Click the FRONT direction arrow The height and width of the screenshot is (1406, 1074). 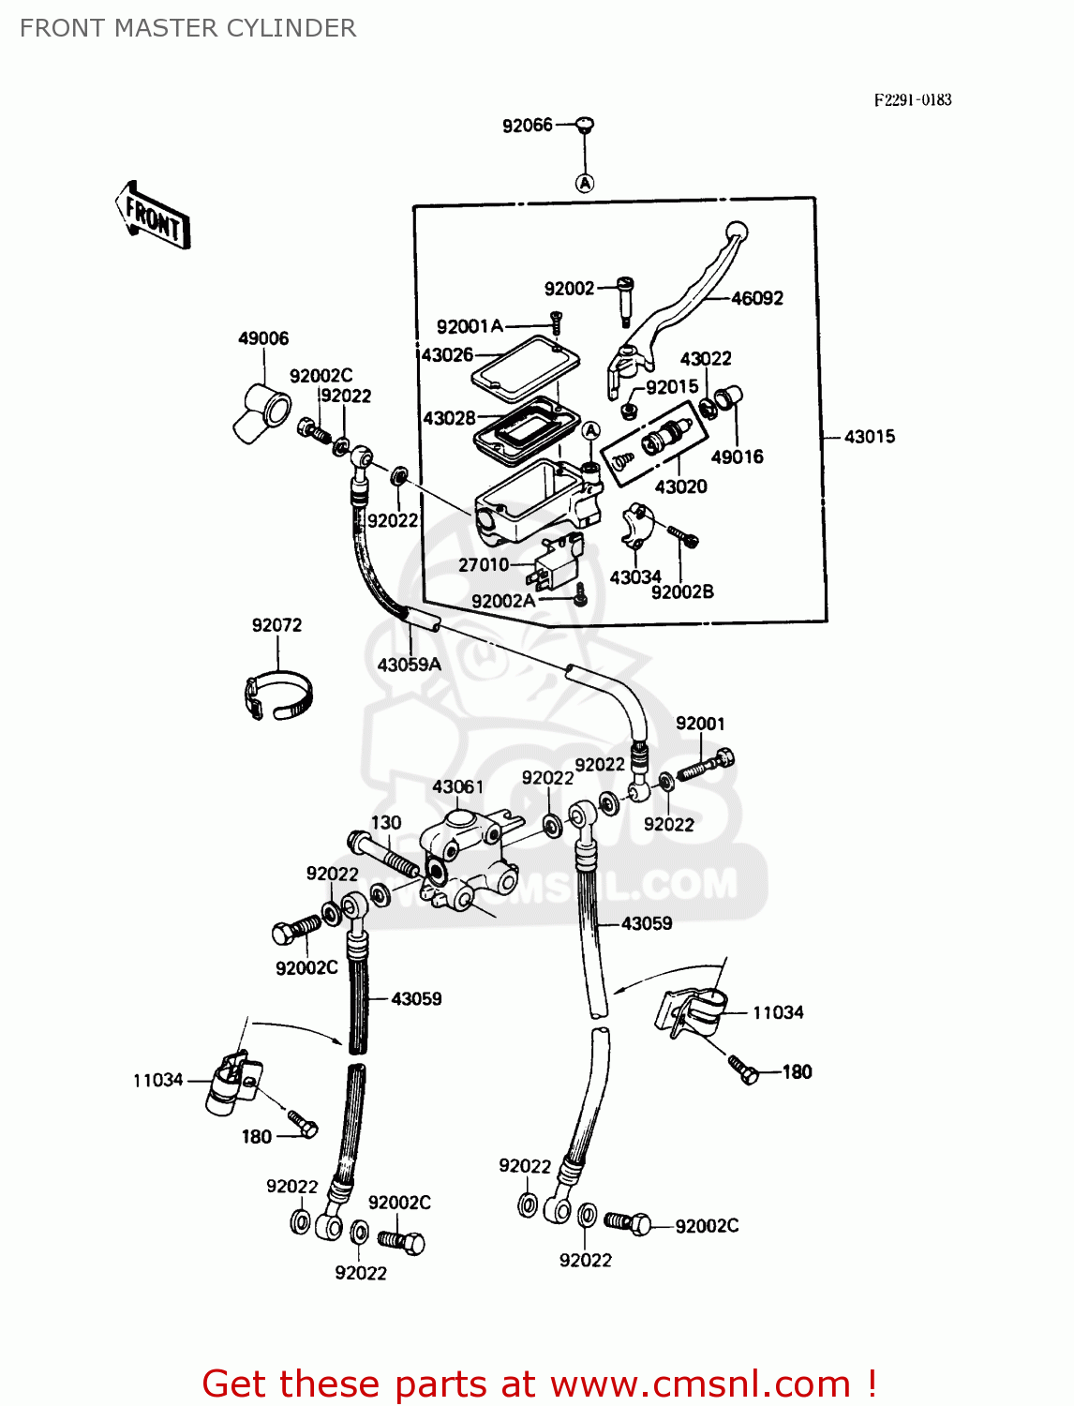(x=153, y=216)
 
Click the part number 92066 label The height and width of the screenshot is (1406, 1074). (x=527, y=126)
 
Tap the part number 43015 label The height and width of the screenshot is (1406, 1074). (x=869, y=437)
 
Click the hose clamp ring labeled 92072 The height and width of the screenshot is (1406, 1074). (x=277, y=696)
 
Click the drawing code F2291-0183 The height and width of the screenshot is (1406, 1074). (x=912, y=100)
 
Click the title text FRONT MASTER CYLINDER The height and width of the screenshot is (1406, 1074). (x=187, y=28)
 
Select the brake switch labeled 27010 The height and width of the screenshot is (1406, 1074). (x=559, y=560)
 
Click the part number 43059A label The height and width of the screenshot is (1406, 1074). (x=409, y=665)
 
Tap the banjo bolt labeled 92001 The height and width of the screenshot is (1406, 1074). (x=706, y=765)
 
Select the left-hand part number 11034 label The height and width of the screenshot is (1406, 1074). (x=157, y=1080)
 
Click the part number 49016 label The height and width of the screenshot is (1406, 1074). (x=737, y=457)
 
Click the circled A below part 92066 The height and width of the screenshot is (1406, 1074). (x=585, y=183)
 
